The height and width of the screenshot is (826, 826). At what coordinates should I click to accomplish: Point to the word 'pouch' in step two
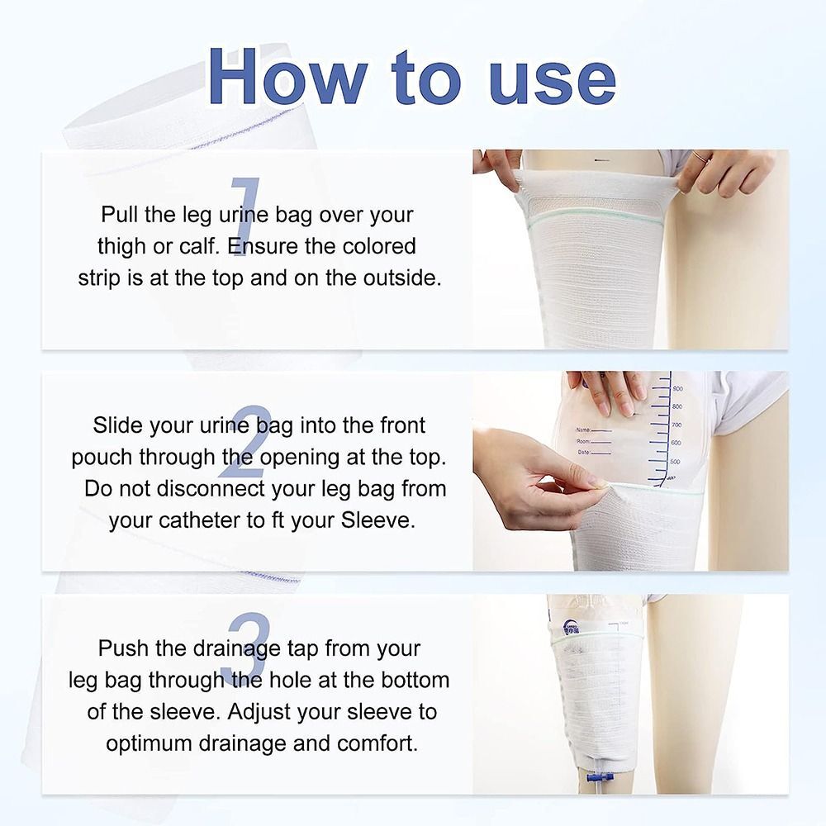[x=102, y=457]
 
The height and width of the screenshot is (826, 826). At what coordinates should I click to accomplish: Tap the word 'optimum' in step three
[x=150, y=743]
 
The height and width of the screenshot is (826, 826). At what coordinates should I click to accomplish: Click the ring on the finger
[x=700, y=156]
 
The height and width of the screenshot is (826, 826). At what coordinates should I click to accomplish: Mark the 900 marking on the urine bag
[x=677, y=388]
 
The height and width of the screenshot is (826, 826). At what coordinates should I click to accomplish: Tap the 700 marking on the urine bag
[x=676, y=425]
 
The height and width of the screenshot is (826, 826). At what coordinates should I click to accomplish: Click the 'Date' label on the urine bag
[x=585, y=453]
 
